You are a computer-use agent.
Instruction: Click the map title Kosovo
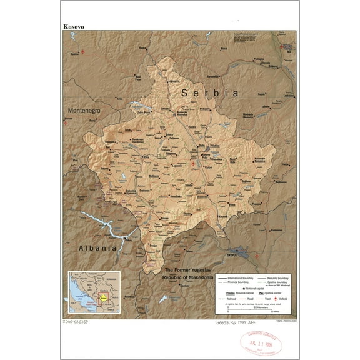(x=74, y=27)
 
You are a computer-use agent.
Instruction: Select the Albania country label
(x=97, y=248)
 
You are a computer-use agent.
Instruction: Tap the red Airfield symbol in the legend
(x=274, y=299)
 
